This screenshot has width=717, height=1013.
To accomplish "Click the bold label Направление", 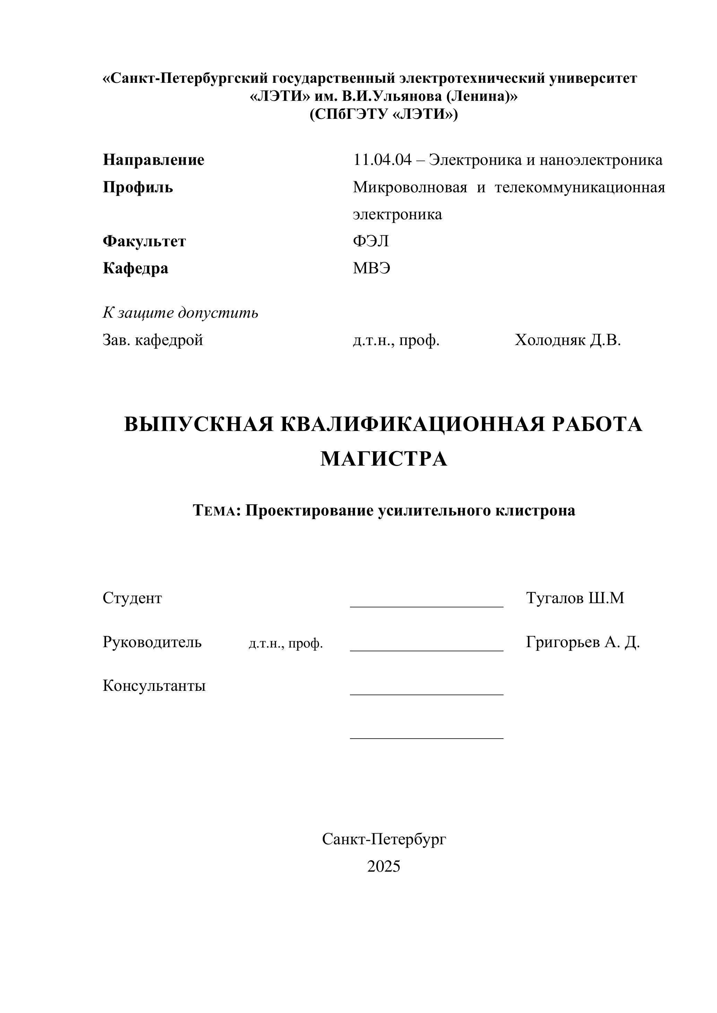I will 153,160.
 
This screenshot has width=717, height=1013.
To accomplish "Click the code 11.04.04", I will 381,160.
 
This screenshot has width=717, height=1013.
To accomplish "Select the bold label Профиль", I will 138,187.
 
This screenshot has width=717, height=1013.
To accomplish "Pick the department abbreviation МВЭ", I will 371,268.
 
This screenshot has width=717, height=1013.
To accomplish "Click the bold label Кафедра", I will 135,268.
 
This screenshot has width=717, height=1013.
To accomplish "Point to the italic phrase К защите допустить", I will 180,313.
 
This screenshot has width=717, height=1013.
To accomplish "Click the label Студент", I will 132,598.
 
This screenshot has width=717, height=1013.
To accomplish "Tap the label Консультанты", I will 154,686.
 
